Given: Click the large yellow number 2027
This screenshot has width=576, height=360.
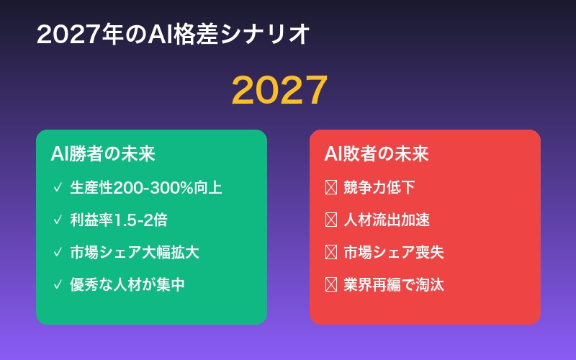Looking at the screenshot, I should pyautogui.click(x=279, y=90).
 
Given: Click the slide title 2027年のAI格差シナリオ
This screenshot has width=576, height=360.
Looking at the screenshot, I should pyautogui.click(x=173, y=34).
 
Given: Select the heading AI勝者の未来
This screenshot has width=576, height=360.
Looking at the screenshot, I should pyautogui.click(x=103, y=155).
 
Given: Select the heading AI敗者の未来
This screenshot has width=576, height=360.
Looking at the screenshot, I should pyautogui.click(x=377, y=155).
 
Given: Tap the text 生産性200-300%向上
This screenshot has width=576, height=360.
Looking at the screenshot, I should pyautogui.click(x=145, y=188).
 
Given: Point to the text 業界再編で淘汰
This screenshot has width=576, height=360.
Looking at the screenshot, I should pyautogui.click(x=393, y=284).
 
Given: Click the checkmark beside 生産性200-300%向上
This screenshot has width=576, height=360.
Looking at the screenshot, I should pyautogui.click(x=58, y=188).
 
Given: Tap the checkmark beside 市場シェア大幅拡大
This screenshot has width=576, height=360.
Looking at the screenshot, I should pyautogui.click(x=58, y=252).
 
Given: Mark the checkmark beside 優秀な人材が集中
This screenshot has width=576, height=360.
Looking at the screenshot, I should pyautogui.click(x=58, y=284).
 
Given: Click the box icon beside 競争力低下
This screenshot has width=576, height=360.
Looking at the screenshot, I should pyautogui.click(x=331, y=188).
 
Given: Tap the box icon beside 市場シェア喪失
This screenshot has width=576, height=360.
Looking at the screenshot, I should pyautogui.click(x=331, y=252).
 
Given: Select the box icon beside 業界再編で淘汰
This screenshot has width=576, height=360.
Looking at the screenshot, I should pyautogui.click(x=331, y=284).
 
